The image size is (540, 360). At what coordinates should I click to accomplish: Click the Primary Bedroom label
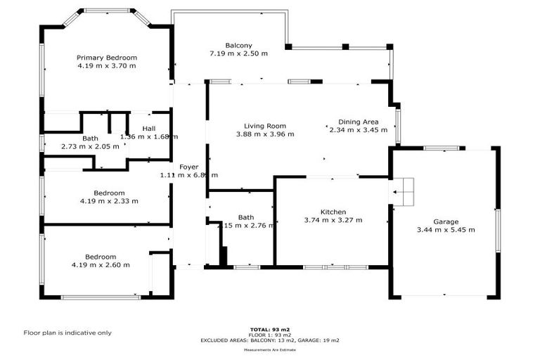pyautogui.click(x=107, y=58)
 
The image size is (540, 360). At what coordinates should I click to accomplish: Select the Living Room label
pyautogui.click(x=265, y=126)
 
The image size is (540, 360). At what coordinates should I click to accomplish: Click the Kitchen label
pyautogui.click(x=333, y=212)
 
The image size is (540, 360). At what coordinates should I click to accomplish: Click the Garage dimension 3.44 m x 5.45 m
pyautogui.click(x=445, y=230)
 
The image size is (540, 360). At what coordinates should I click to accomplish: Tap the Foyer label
pyautogui.click(x=188, y=167)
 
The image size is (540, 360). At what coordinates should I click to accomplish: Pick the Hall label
pyautogui.click(x=148, y=129)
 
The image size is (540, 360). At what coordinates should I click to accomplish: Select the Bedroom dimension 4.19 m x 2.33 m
pyautogui.click(x=109, y=201)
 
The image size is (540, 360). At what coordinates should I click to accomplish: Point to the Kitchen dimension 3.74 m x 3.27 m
pyautogui.click(x=333, y=220)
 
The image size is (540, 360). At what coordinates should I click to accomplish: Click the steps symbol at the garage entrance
pyautogui.click(x=404, y=191)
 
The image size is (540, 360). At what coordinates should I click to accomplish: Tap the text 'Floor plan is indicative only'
pyautogui.click(x=67, y=333)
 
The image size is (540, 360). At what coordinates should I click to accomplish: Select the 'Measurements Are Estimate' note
pyautogui.click(x=271, y=349)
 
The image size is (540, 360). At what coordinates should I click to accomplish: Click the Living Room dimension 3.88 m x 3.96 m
pyautogui.click(x=265, y=134)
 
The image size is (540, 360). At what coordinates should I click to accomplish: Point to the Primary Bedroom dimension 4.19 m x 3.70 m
pyautogui.click(x=107, y=65)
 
